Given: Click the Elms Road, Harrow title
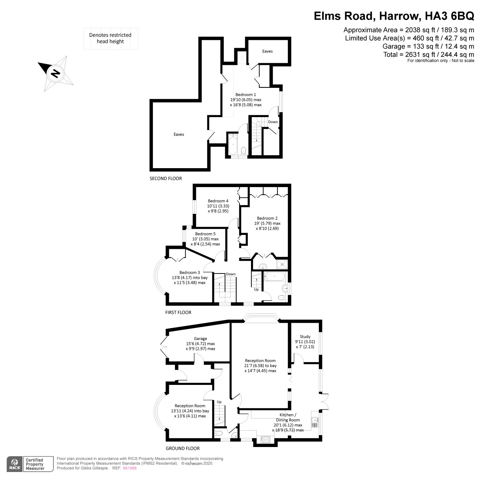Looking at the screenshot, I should pos(394,16).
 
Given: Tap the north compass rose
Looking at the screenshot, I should pos(55,73).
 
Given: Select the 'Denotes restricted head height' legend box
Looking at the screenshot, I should pos(110,39).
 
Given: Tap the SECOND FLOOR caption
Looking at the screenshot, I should pos(166,179).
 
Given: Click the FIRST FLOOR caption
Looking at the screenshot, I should pos(178,312).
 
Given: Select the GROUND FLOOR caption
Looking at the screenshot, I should pos(182,448).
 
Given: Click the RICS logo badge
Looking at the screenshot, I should pos(15,464).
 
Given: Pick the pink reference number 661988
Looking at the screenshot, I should pos(130,468).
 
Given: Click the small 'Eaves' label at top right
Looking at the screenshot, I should pos(267,51).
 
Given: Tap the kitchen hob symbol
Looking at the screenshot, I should pos(265,440).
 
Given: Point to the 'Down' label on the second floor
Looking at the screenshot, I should pos(273,122).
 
